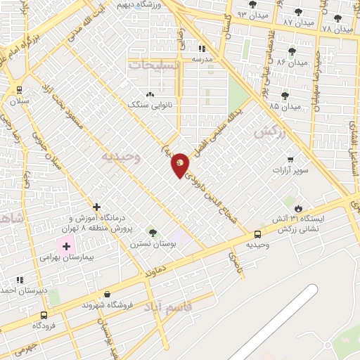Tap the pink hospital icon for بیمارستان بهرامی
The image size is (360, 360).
67,247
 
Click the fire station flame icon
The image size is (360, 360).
299,209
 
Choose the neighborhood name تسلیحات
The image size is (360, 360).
154,65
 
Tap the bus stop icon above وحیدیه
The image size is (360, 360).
257,234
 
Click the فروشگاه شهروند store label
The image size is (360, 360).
106,306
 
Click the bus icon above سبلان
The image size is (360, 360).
19,90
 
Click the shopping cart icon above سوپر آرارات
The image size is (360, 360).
290,160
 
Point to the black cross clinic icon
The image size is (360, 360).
96,207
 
